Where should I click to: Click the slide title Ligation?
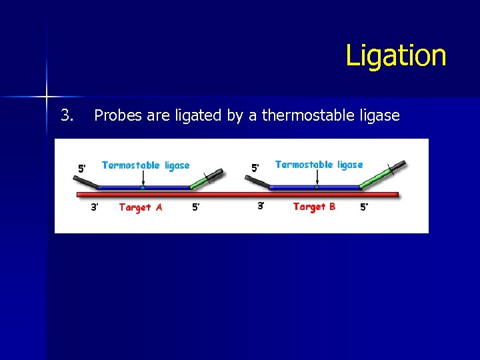395,55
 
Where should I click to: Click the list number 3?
67,115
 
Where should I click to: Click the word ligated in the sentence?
198,116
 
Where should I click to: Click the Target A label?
140,207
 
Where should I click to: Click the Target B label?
314,207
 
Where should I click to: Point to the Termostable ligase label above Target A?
145,165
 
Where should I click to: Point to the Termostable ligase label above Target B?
319,165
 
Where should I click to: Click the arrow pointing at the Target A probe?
143,179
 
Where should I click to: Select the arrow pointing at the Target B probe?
317,178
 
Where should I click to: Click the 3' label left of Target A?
95,207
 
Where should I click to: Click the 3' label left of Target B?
261,206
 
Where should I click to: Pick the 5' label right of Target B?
364,207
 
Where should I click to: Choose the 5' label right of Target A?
196,207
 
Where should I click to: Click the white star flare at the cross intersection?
47,97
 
